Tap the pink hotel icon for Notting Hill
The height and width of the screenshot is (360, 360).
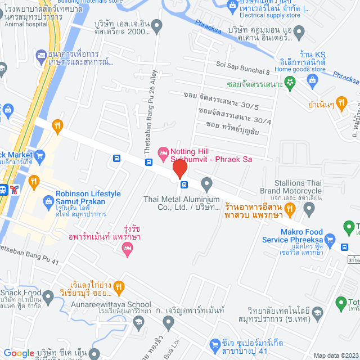point(163,152)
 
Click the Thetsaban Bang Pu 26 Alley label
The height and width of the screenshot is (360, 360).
point(153,106)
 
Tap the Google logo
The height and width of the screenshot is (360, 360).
point(19,353)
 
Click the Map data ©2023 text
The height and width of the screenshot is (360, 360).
point(335,355)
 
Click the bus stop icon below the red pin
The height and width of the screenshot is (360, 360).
point(184,184)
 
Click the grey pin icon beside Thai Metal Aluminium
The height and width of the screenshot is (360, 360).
point(206,183)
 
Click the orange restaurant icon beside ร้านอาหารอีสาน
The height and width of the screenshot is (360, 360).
point(290,210)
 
